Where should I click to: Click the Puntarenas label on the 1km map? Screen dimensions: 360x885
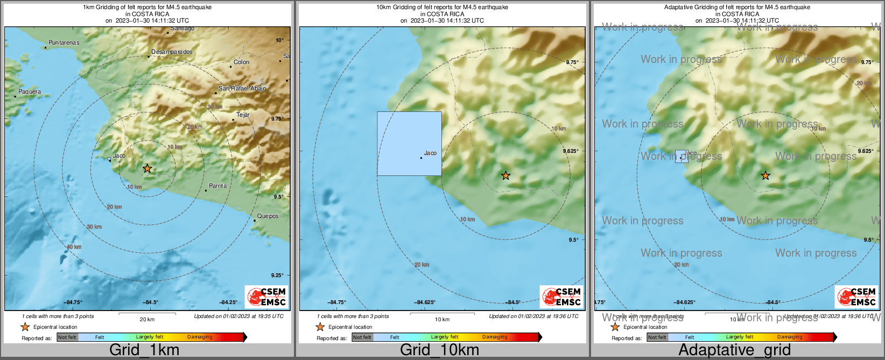pyautogui.click(x=64, y=43)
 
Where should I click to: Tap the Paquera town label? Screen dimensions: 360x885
pyautogui.click(x=30, y=91)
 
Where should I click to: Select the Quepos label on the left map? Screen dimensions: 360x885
pyautogui.click(x=268, y=216)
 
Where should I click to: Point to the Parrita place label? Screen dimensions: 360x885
pyautogui.click(x=217, y=186)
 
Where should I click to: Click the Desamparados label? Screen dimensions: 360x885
pyautogui.click(x=172, y=52)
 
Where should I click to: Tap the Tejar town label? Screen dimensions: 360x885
pyautogui.click(x=243, y=115)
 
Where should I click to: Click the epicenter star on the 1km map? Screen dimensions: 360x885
pyautogui.click(x=147, y=168)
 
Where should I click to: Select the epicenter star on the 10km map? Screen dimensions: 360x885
pyautogui.click(x=505, y=175)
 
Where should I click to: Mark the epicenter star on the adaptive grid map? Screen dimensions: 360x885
pyautogui.click(x=765, y=175)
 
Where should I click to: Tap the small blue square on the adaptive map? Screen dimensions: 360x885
pyautogui.click(x=682, y=156)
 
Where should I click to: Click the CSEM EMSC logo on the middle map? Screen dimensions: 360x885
pyautogui.click(x=561, y=297)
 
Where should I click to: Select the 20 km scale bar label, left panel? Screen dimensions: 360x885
pyautogui.click(x=147, y=319)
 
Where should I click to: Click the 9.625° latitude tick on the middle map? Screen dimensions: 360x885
pyautogui.click(x=571, y=151)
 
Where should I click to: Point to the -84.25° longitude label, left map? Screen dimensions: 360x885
pyautogui.click(x=228, y=302)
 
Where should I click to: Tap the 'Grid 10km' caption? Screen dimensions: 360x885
pyautogui.click(x=439, y=350)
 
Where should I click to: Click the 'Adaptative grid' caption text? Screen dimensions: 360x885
pyautogui.click(x=734, y=350)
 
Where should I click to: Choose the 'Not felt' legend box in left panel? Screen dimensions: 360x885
pyautogui.click(x=67, y=337)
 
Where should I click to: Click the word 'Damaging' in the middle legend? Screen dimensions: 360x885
pyautogui.click(x=494, y=337)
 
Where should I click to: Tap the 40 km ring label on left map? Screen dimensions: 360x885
pyautogui.click(x=74, y=247)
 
